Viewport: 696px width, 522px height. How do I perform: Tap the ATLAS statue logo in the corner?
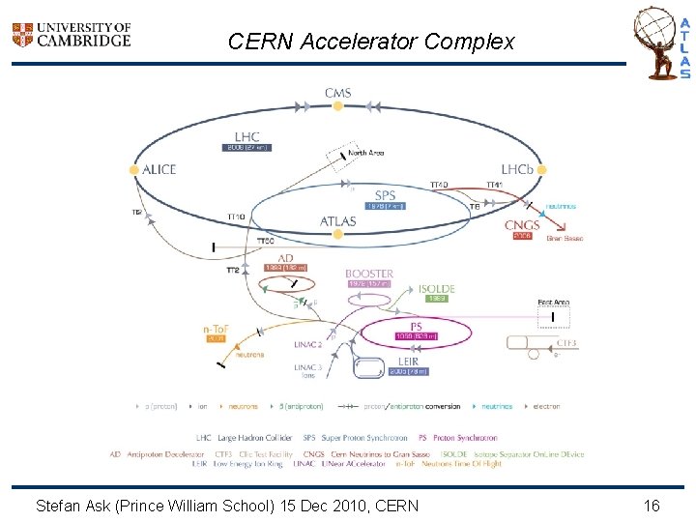pyautogui.click(x=661, y=43)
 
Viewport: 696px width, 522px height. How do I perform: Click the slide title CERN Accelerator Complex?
pyautogui.click(x=371, y=42)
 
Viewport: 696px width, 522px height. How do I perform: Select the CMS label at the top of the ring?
pyautogui.click(x=337, y=93)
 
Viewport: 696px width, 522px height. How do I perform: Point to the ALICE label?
pyautogui.click(x=159, y=169)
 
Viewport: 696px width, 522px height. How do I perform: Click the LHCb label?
pyautogui.click(x=516, y=169)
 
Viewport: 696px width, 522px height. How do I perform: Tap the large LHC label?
pyautogui.click(x=246, y=136)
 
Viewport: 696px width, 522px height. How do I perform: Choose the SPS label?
pyautogui.click(x=385, y=194)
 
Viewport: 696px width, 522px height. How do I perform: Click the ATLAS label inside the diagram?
pyautogui.click(x=337, y=221)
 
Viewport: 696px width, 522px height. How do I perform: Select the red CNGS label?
pyautogui.click(x=522, y=225)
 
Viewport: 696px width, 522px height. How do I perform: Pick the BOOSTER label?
pyautogui.click(x=369, y=274)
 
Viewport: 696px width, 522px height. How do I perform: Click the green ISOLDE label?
pyautogui.click(x=436, y=288)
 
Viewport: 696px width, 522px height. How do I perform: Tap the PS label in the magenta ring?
pyautogui.click(x=417, y=326)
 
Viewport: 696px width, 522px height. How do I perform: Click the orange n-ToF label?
pyautogui.click(x=215, y=330)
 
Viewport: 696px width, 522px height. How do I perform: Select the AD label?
pyautogui.click(x=286, y=258)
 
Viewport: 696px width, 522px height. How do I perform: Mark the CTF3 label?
pyautogui.click(x=567, y=343)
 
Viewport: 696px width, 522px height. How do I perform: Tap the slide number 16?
pyautogui.click(x=651, y=505)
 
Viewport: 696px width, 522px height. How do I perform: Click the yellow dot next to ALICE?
pyautogui.click(x=134, y=169)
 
